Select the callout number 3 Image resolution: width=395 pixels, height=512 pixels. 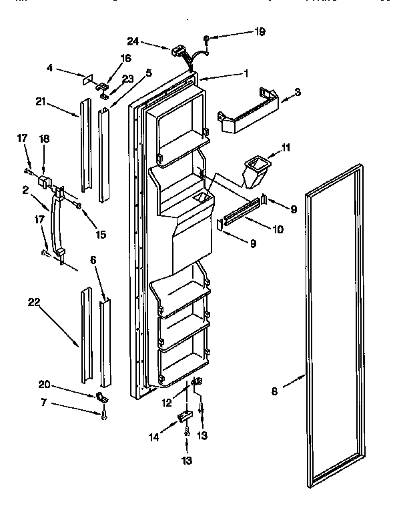tap(298, 91)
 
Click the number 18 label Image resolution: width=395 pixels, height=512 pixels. tap(45, 139)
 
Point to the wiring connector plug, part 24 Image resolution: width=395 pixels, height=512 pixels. tap(178, 49)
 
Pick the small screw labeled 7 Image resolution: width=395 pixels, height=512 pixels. tap(104, 416)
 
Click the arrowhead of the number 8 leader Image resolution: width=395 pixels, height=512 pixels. tap(306, 376)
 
